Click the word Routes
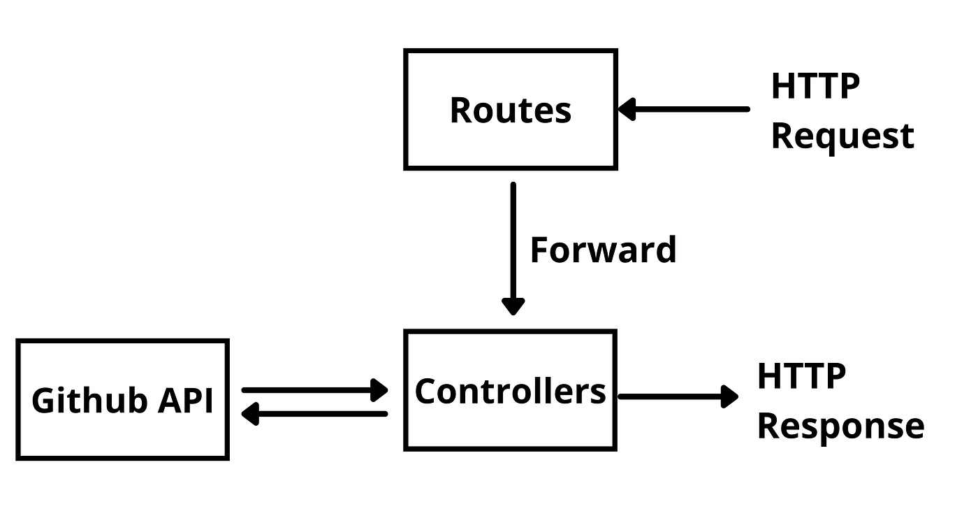coord(511,110)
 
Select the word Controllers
coord(511,391)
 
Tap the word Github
coord(89,400)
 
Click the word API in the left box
coord(186,400)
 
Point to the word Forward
coord(604,250)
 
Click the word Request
coord(842,136)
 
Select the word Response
coord(841,426)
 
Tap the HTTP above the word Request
coord(816,86)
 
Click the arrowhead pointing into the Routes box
coord(627,109)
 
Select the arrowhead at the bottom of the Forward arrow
coord(513,306)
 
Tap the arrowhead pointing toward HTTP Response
coord(729,396)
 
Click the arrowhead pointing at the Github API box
coord(250,414)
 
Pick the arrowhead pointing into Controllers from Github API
coord(379,390)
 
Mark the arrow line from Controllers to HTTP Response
coord(678,396)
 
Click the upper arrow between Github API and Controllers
coord(315,390)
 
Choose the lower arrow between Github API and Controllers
coord(315,414)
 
